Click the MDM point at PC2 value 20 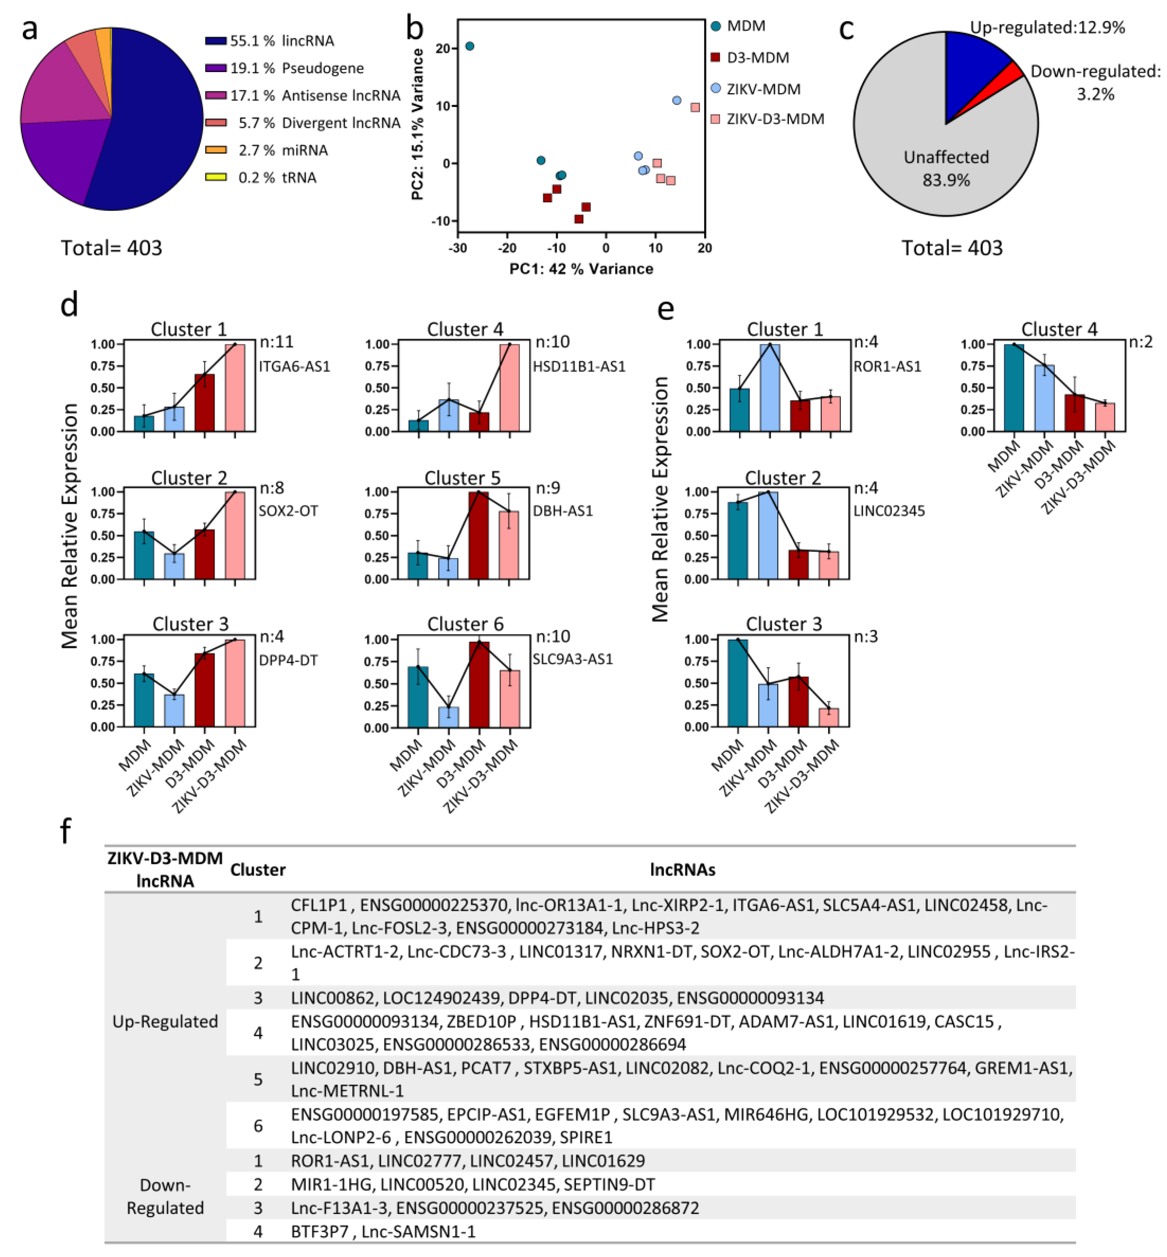[469, 46]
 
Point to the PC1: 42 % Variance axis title [581, 269]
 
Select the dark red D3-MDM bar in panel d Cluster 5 [478, 535]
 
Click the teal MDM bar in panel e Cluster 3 [738, 683]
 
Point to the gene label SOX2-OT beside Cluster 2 [288, 511]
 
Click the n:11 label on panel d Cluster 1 [277, 342]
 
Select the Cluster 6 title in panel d [465, 624]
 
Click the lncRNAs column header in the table [683, 870]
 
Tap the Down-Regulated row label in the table [165, 1196]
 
